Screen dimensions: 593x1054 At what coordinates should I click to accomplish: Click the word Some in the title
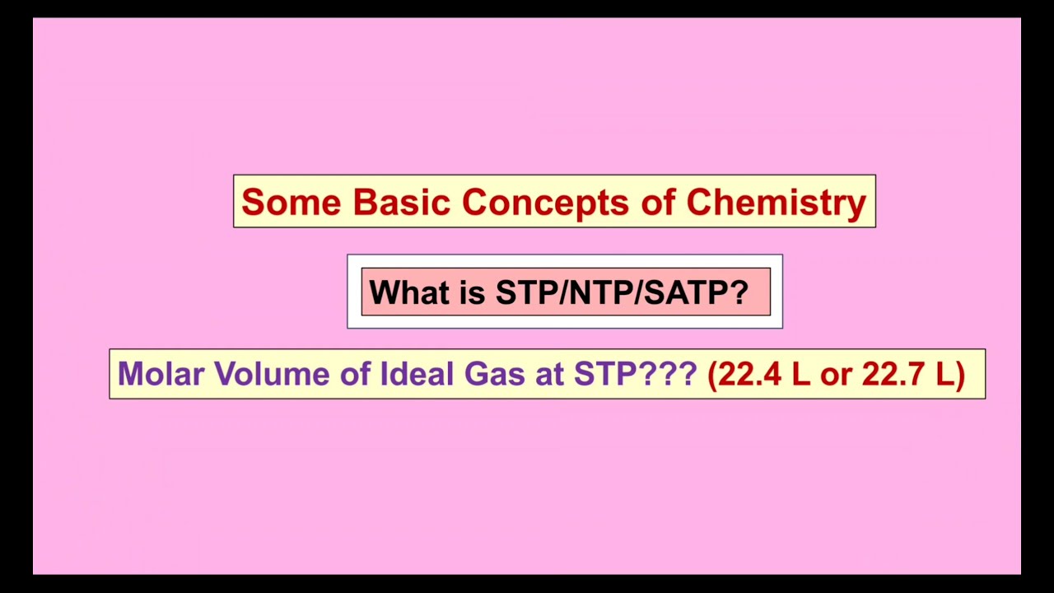point(291,202)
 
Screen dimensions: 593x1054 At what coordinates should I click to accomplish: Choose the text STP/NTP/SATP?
point(622,292)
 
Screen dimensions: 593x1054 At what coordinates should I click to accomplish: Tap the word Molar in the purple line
point(161,374)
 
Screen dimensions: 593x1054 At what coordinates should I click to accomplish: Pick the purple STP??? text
point(635,374)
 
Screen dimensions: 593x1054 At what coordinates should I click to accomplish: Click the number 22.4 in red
point(746,374)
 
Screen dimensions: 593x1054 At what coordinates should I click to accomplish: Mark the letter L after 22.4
point(800,374)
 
